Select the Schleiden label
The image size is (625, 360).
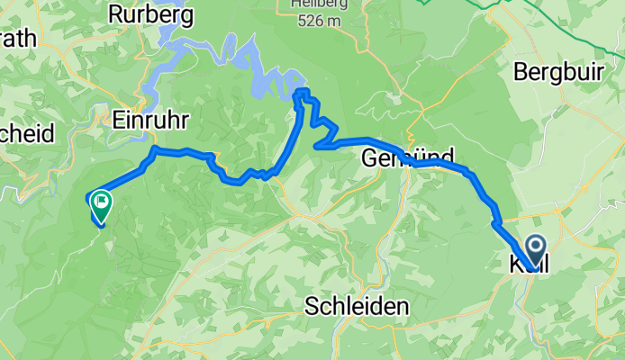click(356, 305)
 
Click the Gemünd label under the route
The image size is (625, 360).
click(406, 157)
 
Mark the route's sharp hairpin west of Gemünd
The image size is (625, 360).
click(316, 145)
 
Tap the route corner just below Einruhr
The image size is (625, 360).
click(156, 148)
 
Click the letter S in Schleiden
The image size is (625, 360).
click(311, 305)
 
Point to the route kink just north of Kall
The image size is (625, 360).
click(496, 221)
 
